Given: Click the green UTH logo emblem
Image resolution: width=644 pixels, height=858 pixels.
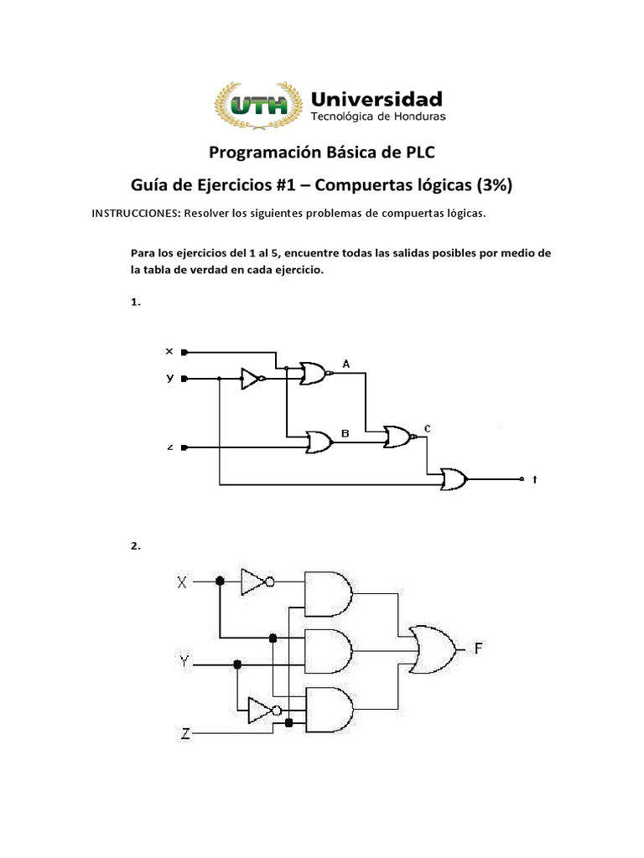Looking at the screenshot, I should (x=260, y=106).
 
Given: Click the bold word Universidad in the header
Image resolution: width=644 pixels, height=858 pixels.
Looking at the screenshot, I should (x=377, y=97).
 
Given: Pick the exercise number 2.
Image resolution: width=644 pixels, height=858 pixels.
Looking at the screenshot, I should (x=135, y=545).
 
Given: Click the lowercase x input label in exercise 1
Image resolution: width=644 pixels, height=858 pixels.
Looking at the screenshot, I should (x=169, y=351).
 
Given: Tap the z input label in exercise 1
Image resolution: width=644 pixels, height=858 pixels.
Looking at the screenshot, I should (x=169, y=447).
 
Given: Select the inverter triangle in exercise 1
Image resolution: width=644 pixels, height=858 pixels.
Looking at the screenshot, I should (x=250, y=379).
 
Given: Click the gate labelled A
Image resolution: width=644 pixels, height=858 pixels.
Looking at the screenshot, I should (x=313, y=374).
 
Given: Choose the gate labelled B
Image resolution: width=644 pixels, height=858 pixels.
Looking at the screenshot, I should (x=319, y=442).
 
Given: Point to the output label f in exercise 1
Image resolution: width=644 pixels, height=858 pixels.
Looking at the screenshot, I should (x=534, y=480).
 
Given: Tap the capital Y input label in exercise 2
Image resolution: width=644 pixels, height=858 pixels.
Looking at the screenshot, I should (x=184, y=663).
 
